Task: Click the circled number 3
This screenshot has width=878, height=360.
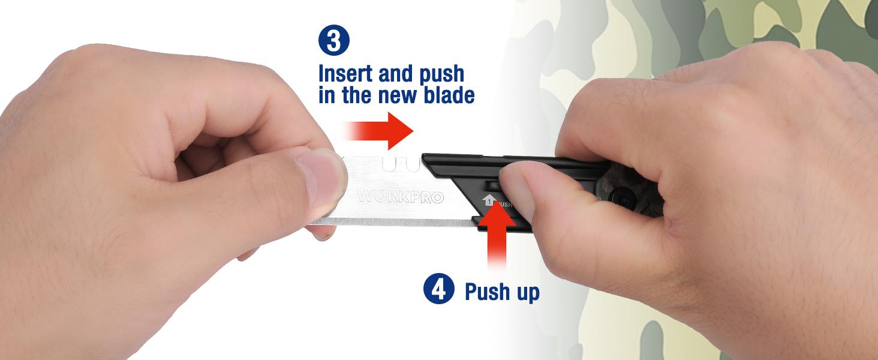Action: coord(334,40)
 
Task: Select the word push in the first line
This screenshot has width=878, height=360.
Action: coord(441,74)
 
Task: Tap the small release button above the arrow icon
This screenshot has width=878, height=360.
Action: coord(491,185)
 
